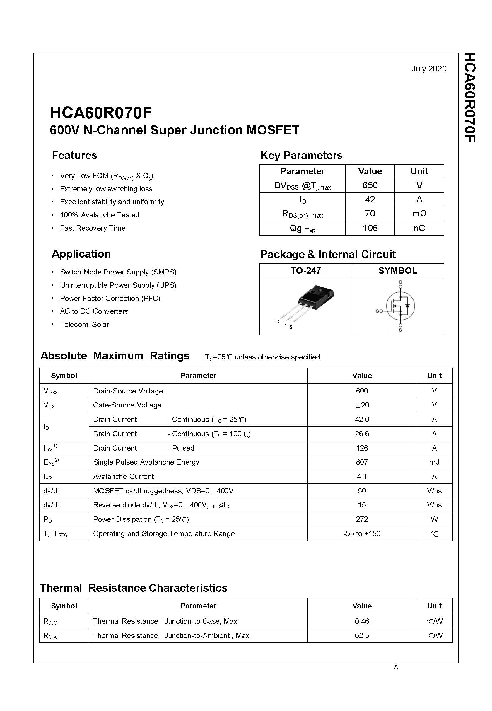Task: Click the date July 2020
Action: [428, 69]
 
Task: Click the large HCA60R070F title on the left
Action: [101, 113]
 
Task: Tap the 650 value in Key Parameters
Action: [370, 185]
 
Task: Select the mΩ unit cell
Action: [419, 213]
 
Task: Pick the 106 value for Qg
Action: [370, 228]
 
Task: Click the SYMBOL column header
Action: [398, 270]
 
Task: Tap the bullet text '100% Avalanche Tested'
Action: [99, 215]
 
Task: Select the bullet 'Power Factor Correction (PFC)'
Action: [110, 299]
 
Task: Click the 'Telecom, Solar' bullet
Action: [84, 324]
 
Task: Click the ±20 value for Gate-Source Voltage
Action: [362, 405]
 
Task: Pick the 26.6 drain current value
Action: [362, 434]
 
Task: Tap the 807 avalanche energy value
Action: [362, 462]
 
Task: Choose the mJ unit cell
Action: [434, 462]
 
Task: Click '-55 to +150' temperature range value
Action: [362, 534]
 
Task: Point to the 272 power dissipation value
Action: [362, 519]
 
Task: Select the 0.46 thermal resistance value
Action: [362, 621]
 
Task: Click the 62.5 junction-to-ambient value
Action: [362, 636]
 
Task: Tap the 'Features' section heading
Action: [74, 155]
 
